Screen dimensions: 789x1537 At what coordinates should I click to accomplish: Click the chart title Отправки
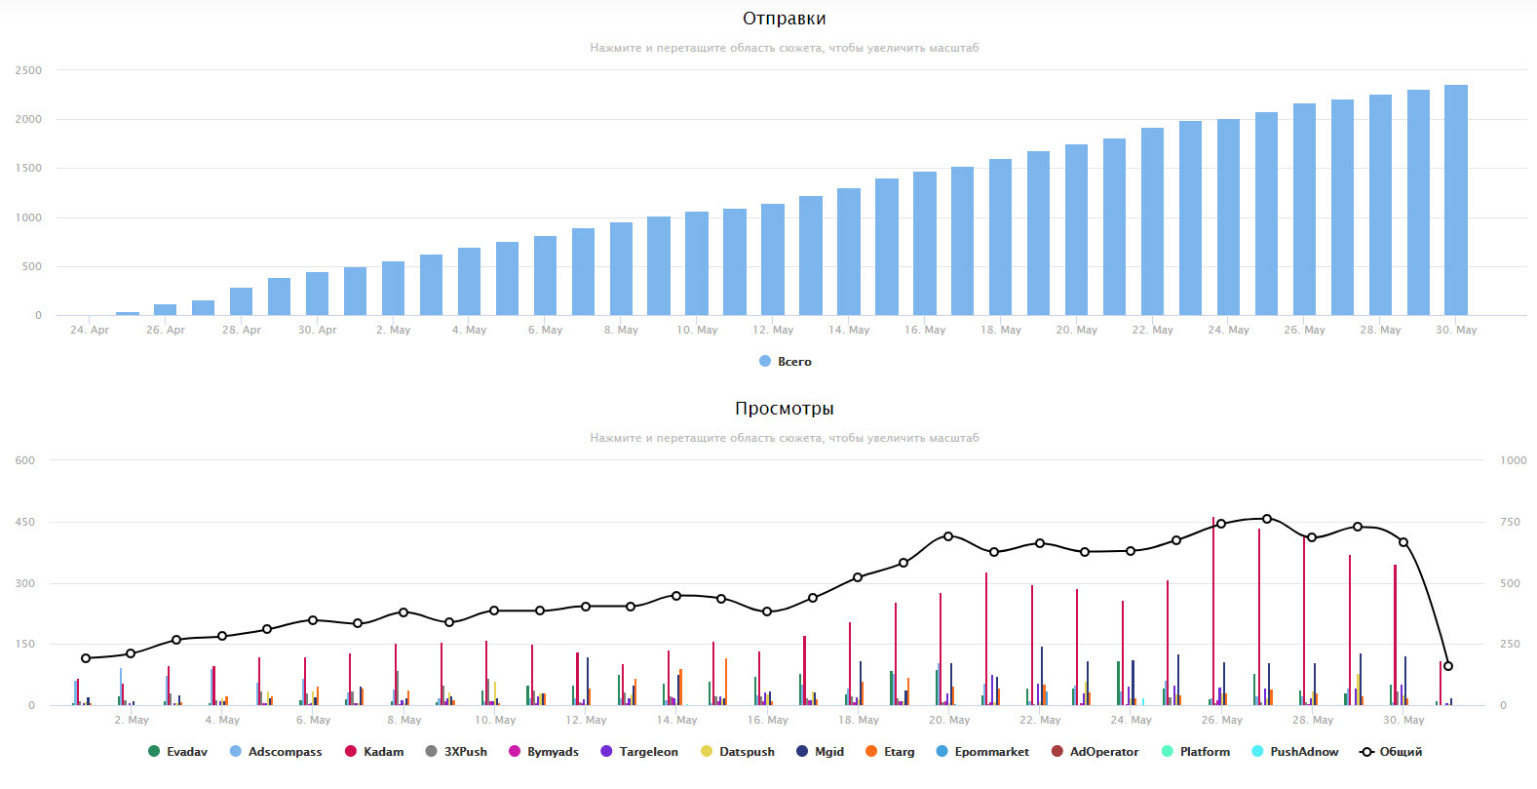pos(784,19)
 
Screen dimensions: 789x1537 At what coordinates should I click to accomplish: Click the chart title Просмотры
pos(784,409)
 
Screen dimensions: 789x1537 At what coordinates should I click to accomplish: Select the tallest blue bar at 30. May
pos(1455,200)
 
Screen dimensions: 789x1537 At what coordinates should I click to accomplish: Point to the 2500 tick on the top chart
pos(28,70)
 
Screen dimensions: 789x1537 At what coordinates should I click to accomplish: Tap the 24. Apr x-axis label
pos(90,330)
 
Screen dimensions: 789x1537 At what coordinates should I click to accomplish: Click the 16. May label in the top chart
pos(924,330)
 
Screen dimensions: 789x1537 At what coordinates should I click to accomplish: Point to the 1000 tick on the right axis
pos(1513,460)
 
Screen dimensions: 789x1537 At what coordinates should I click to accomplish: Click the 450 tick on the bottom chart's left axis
pos(24,522)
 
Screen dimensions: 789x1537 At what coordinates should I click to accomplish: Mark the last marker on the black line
pos(1448,666)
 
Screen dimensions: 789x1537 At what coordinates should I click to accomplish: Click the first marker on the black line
pos(86,658)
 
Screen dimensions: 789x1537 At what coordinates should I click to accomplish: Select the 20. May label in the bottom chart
pos(949,720)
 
